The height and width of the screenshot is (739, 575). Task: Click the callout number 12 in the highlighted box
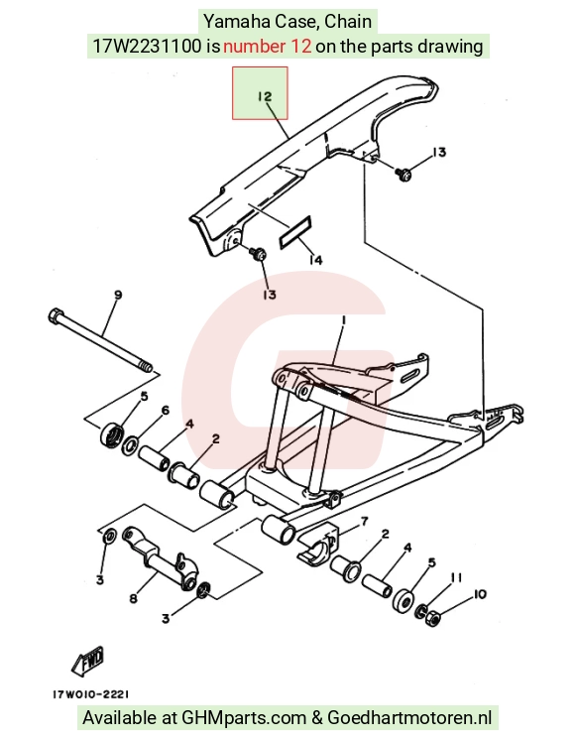tap(265, 96)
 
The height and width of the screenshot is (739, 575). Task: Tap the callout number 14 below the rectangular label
tap(315, 260)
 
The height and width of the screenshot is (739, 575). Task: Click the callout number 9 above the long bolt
tap(118, 295)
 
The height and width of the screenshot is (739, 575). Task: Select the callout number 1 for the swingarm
tap(343, 320)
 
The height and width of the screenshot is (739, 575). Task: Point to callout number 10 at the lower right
tap(480, 594)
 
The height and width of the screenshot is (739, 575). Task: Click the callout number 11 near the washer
tap(456, 577)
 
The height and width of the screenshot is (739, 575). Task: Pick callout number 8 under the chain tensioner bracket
tap(133, 598)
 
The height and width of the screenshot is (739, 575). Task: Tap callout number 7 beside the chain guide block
tap(364, 521)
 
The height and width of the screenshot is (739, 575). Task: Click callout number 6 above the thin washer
tap(165, 410)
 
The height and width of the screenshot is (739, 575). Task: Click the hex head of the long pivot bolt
tap(56, 315)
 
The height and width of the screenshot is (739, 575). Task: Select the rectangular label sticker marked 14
tap(295, 231)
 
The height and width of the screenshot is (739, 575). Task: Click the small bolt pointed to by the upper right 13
tap(403, 175)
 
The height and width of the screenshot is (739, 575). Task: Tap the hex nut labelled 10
tap(432, 617)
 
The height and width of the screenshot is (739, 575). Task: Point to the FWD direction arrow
tap(88, 661)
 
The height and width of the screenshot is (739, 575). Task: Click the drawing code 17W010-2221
tap(90, 694)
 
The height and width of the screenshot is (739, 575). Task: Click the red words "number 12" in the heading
tap(267, 47)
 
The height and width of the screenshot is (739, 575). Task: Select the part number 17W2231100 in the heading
tap(147, 47)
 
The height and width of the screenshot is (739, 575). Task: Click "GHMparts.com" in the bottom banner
tap(244, 718)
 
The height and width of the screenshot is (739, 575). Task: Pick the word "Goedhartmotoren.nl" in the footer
tap(409, 717)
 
